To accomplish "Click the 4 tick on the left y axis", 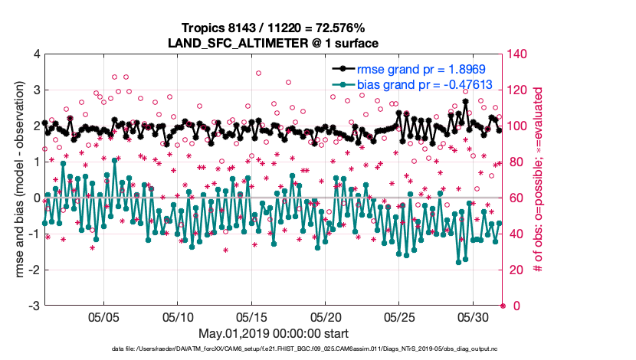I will pos(35,54).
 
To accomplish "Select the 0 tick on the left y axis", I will pos(35,198).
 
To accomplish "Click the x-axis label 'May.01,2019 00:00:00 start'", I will pos(274,333).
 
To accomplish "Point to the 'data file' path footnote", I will pos(274,349).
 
